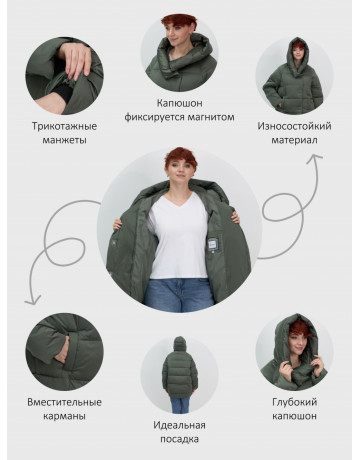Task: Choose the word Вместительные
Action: (x=64, y=402)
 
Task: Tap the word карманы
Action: (x=64, y=416)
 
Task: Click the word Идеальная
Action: (x=180, y=425)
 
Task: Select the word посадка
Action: (x=180, y=439)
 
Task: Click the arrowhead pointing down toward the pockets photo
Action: (x=32, y=300)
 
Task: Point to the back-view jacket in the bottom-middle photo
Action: (x=180, y=375)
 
